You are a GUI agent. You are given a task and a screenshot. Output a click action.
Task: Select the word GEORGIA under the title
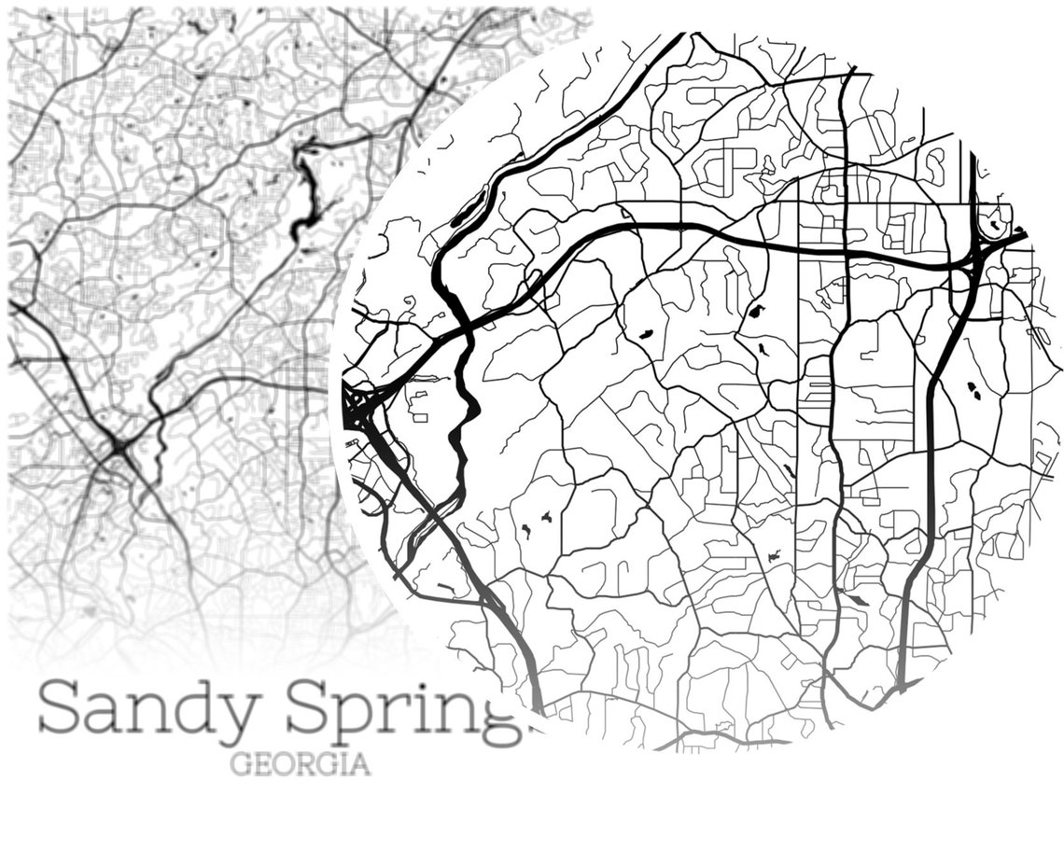click(300, 765)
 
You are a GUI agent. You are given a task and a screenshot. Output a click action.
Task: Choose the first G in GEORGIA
click(240, 765)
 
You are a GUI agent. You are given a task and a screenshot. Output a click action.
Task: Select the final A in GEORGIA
click(359, 765)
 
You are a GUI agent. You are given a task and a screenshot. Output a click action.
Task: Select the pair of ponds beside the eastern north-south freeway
click(973, 390)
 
